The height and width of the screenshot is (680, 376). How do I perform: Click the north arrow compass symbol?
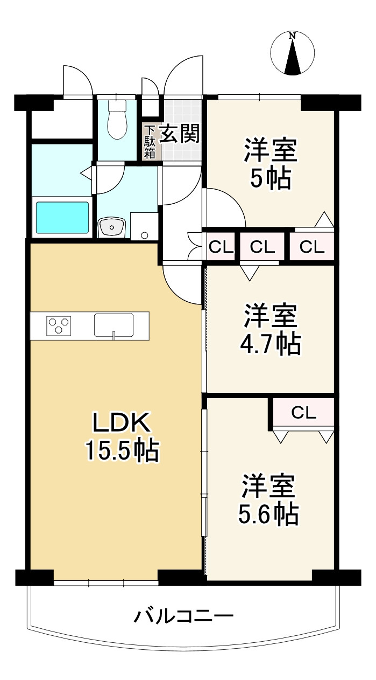(x=292, y=53)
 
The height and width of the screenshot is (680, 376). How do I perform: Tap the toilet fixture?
(x=117, y=119)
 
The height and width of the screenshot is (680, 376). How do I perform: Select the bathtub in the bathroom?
(x=62, y=218)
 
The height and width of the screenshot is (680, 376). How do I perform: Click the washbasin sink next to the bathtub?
(x=112, y=227)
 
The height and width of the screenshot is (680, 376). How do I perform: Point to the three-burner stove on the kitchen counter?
(x=59, y=326)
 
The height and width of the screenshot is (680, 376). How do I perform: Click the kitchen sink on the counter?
(x=113, y=325)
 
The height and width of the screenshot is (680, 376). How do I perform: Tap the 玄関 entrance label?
(x=179, y=133)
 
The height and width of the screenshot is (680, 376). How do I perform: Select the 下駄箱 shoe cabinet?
(x=150, y=142)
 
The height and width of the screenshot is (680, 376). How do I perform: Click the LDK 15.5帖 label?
(x=122, y=437)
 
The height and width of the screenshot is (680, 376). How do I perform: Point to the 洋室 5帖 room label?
(x=270, y=164)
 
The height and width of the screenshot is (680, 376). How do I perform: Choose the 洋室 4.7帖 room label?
(x=270, y=329)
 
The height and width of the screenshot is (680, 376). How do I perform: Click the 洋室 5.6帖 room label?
(x=268, y=499)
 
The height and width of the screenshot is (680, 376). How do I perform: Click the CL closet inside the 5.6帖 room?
(x=303, y=412)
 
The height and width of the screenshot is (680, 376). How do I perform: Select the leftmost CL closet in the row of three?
(x=221, y=247)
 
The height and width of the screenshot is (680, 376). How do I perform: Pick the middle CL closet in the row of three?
(x=263, y=247)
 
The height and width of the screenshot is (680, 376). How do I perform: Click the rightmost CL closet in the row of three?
(x=312, y=247)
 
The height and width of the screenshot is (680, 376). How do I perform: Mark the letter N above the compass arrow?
(x=292, y=36)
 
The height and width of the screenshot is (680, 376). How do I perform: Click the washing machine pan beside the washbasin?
(x=144, y=226)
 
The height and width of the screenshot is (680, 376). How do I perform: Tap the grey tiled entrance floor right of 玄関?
(x=182, y=130)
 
